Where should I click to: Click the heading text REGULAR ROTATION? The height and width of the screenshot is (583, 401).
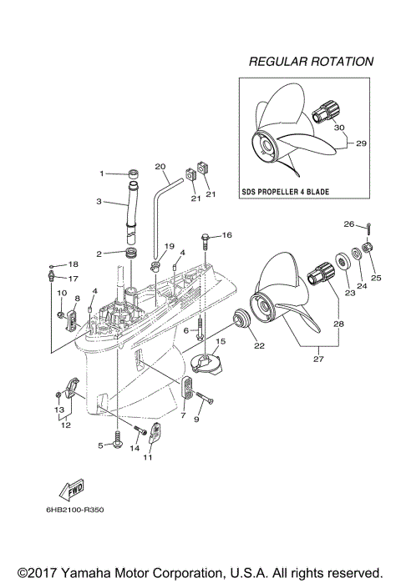click(311, 62)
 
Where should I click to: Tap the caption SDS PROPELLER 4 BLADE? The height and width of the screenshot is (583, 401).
click(284, 192)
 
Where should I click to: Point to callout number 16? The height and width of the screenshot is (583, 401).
click(227, 236)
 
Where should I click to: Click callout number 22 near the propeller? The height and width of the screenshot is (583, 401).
click(258, 346)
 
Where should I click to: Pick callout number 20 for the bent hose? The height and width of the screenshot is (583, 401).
click(161, 165)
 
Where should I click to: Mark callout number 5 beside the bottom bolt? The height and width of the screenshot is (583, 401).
click(101, 446)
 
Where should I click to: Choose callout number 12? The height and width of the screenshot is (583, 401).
click(64, 425)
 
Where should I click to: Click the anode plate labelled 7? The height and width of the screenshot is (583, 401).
click(188, 388)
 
